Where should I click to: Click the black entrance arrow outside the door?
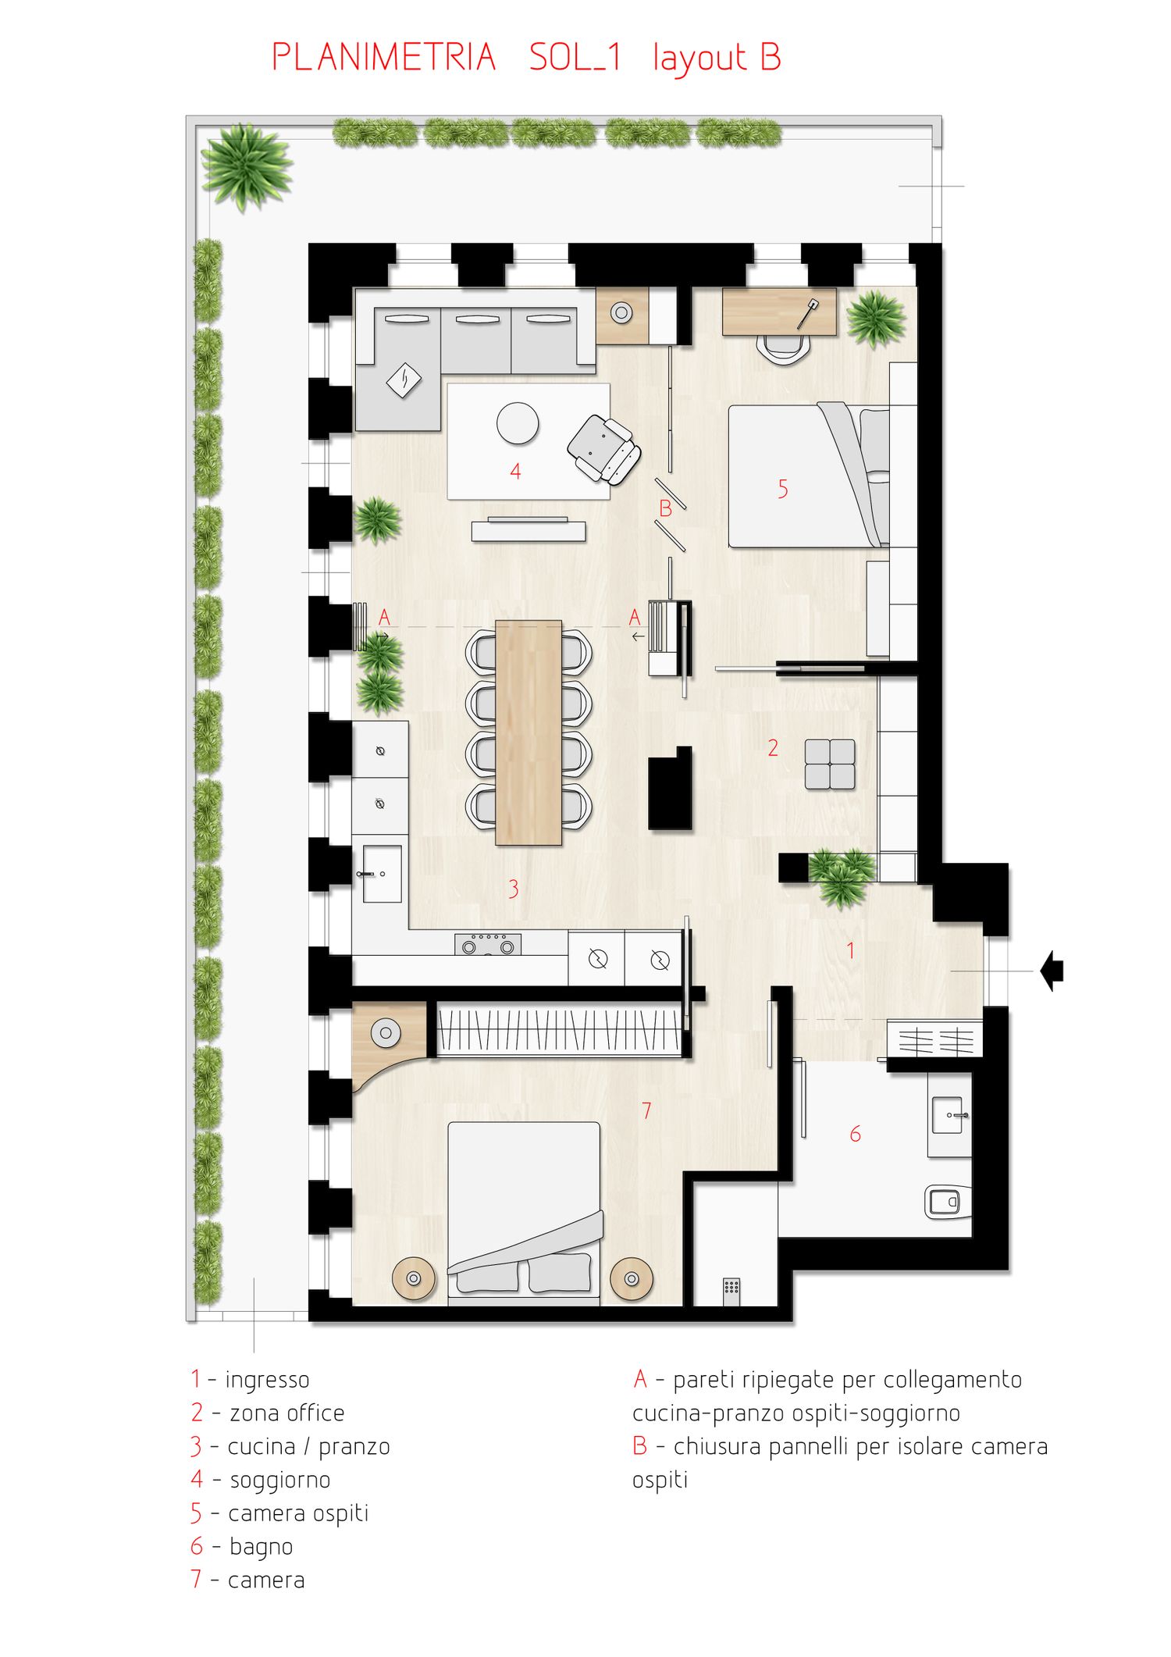coord(1052,971)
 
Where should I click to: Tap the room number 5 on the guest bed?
coord(783,489)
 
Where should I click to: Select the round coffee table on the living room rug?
coord(518,423)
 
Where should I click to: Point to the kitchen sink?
coord(382,874)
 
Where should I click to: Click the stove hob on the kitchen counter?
coord(488,944)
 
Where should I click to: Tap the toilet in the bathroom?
coord(948,1202)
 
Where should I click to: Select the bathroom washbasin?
coord(949,1115)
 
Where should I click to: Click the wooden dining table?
coord(529,732)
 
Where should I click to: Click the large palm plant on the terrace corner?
coord(247,169)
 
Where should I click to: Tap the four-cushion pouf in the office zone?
coord(830,764)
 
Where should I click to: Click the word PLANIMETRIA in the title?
coord(384,58)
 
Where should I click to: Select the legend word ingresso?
coord(267,1381)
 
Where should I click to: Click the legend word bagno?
coord(262,1547)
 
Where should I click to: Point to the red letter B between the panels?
coord(665,508)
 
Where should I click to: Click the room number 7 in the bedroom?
coord(646,1110)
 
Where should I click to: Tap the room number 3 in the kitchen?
coord(513,889)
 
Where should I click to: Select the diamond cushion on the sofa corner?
coord(404,380)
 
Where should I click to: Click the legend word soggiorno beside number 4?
coord(280,1481)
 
